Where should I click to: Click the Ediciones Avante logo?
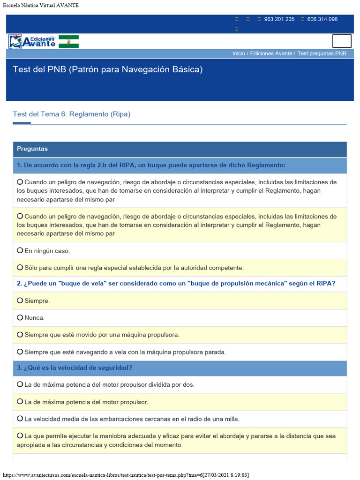coord(32,42)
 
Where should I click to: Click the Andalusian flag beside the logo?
coord(68,42)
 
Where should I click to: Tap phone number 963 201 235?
coord(279,19)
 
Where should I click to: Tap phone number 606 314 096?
coord(322,19)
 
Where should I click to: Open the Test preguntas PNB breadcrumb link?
coord(322,53)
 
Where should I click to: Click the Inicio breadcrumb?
coord(239,53)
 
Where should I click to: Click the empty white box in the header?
coord(342,41)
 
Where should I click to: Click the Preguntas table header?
coord(32,149)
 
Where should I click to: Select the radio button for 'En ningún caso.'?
coord(20,250)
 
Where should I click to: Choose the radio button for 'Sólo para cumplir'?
coord(20,267)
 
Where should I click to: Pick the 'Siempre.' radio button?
coord(20,300)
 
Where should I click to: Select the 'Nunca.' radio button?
coord(20,317)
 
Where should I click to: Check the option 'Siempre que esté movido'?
coord(20,334)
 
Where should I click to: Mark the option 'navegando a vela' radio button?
coord(20,352)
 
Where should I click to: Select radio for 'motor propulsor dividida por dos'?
coord(20,384)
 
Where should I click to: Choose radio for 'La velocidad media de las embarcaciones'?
coord(20,418)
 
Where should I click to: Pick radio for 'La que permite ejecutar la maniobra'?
coord(20,435)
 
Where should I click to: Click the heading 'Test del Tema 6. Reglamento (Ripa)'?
coord(71,114)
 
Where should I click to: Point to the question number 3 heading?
coord(75,368)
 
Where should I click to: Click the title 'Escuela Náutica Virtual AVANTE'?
coord(41,5)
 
